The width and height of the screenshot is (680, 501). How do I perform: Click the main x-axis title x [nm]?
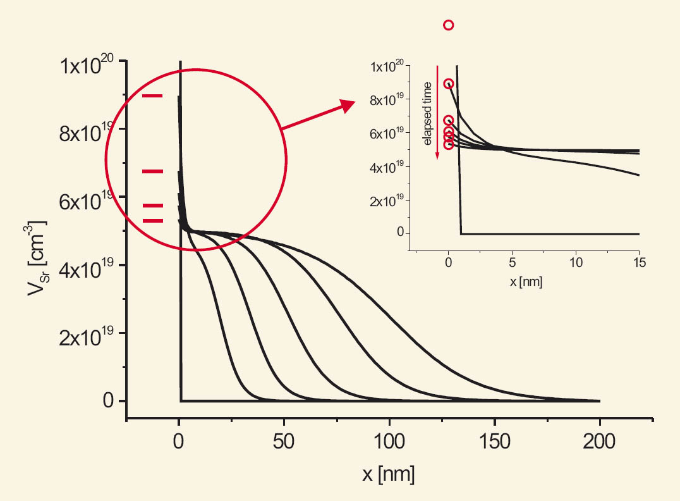click(388, 474)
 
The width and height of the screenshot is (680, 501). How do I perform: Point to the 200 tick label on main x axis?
click(599, 442)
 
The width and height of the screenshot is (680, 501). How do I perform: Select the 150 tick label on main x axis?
click(494, 442)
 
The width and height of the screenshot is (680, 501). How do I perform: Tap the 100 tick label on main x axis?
click(389, 442)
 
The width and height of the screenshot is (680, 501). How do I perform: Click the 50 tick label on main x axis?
click(284, 442)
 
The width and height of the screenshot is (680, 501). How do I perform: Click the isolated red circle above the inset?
click(449, 25)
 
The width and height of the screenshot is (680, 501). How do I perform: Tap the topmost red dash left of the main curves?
click(152, 96)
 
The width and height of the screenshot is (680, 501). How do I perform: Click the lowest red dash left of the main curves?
click(152, 221)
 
